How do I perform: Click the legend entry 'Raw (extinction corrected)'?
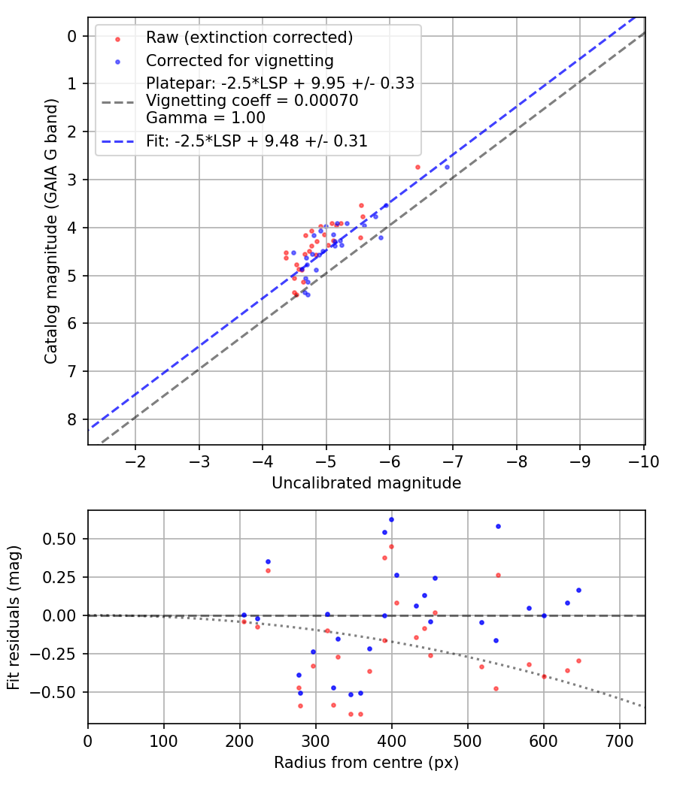[x=249, y=38]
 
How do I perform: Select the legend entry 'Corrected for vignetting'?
[x=239, y=60]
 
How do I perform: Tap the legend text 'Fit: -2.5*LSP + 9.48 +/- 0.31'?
[x=257, y=141]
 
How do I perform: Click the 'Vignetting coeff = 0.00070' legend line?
[x=252, y=100]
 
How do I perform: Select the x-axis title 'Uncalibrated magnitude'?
[x=366, y=483]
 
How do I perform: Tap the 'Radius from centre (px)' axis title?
[x=366, y=763]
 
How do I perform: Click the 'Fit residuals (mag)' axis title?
[x=14, y=617]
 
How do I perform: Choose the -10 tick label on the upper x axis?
[x=643, y=460]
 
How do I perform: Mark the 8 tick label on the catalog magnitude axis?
[x=71, y=419]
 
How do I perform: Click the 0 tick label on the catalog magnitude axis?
[x=71, y=36]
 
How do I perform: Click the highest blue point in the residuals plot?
[x=391, y=519]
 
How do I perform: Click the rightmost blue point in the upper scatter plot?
[x=447, y=167]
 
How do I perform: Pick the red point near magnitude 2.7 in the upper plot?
[x=417, y=167]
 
